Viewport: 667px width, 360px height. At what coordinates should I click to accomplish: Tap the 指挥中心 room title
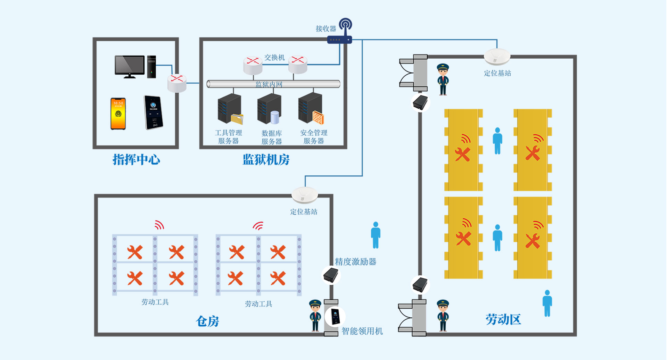tap(136, 159)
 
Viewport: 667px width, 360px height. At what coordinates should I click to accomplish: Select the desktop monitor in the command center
tap(130, 66)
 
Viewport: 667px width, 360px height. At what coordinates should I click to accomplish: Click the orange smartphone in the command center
tap(118, 114)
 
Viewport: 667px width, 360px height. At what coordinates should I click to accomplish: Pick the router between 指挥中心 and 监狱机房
tap(177, 83)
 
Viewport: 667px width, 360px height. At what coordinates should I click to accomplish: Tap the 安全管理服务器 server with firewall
tap(311, 109)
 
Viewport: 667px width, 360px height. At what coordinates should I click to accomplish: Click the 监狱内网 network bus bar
tap(273, 84)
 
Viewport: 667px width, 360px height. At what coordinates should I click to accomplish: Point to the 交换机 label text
tap(274, 58)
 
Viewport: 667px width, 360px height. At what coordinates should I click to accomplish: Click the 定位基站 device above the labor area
tap(497, 57)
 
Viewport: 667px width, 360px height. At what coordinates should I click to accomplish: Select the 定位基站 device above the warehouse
tap(305, 195)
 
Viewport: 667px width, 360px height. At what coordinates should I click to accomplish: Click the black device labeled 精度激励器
tap(331, 275)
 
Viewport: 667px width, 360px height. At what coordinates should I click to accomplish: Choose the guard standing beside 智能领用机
tap(315, 315)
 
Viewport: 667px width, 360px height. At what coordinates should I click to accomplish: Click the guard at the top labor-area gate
tap(443, 79)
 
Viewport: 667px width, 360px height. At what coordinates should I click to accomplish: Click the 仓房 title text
tap(207, 321)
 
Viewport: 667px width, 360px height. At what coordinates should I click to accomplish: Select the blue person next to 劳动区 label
tap(547, 303)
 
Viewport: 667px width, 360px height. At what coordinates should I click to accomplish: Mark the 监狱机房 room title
tap(266, 159)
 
